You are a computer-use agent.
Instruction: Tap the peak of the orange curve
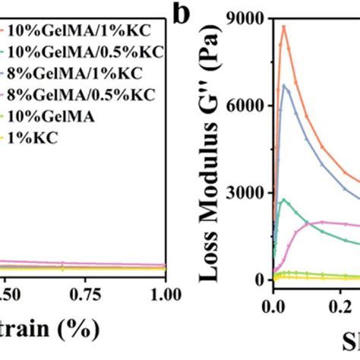283,27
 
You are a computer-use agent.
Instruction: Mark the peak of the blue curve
284,85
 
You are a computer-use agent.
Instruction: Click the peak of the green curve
284,200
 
